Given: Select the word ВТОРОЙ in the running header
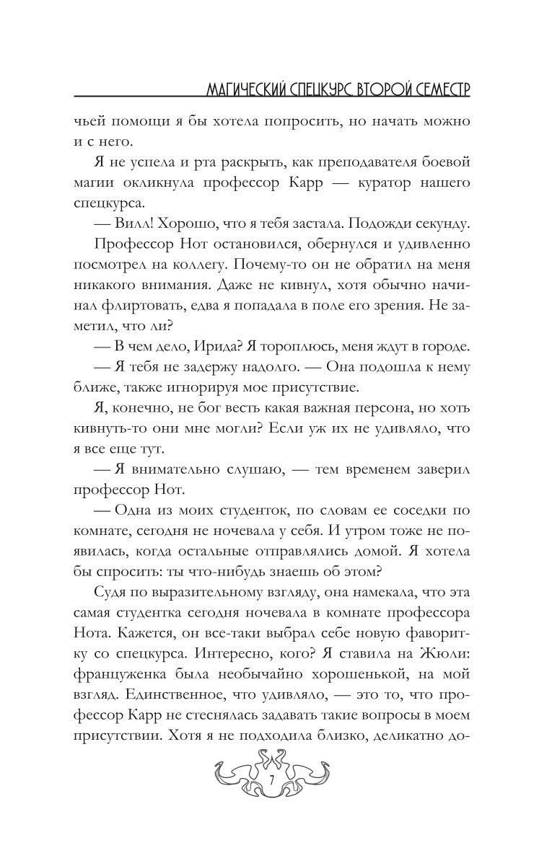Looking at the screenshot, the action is tap(368, 89).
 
